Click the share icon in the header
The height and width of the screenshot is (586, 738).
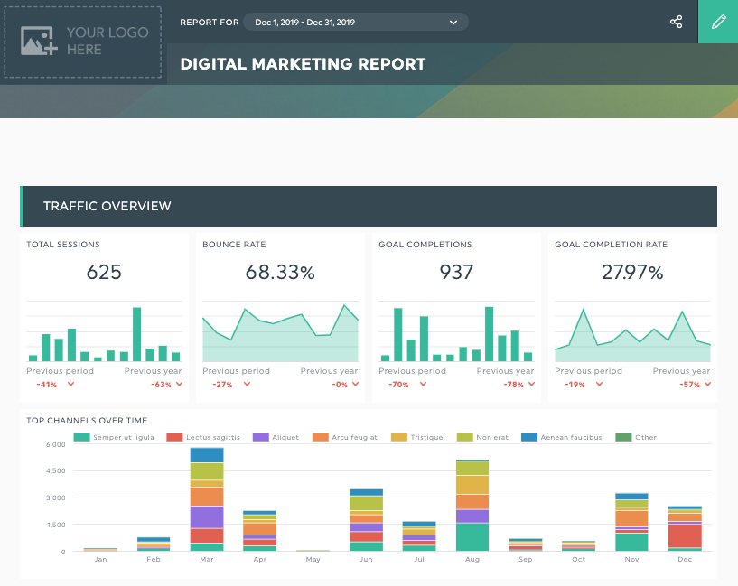(676, 22)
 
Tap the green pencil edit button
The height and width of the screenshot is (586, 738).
(718, 22)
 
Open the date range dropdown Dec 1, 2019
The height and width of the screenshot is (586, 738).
(356, 22)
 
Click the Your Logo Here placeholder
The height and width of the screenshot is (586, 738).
(83, 42)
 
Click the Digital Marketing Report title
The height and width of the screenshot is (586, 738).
(303, 64)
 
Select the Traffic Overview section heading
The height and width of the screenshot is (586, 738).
(107, 206)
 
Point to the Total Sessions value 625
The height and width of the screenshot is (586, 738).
(104, 272)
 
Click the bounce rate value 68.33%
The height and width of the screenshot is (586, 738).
(280, 272)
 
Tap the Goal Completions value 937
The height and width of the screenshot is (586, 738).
(456, 272)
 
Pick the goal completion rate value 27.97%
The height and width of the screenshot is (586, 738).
(632, 272)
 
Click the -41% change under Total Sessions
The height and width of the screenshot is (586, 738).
(47, 384)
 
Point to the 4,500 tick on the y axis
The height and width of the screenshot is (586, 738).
(55, 470)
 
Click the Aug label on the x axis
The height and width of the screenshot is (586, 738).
(472, 560)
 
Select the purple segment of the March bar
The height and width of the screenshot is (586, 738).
(207, 516)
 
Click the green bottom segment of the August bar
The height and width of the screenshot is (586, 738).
(472, 536)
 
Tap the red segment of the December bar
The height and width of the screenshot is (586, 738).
(685, 535)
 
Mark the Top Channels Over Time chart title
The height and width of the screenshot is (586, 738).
(87, 420)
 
